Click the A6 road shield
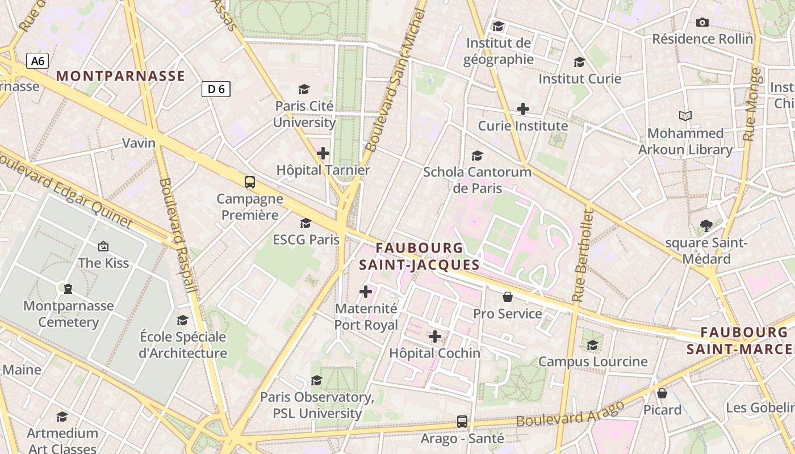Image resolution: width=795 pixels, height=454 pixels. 37,61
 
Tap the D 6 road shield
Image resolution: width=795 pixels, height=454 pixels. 216,89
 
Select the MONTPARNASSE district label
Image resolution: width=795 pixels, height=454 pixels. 121,76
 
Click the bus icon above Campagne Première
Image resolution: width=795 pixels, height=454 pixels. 250,182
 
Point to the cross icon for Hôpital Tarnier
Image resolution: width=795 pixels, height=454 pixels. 323,153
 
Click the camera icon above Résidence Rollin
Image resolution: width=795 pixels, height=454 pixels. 702,23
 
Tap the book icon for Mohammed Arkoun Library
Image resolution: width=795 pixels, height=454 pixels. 685,116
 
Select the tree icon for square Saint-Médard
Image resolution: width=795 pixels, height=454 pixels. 706,226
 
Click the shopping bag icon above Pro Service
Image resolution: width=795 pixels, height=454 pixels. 508,297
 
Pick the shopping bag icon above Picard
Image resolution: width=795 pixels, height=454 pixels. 662,393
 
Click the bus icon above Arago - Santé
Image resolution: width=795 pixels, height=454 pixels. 462,422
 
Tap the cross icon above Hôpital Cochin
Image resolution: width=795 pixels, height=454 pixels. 435,337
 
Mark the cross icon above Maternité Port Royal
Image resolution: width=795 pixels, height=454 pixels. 366,292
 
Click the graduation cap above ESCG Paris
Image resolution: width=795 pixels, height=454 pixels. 306,223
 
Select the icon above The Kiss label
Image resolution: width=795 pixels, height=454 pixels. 103,246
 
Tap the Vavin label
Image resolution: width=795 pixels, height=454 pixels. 139,143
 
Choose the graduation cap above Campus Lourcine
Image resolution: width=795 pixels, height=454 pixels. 593,345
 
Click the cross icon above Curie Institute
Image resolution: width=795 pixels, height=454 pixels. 523,109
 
